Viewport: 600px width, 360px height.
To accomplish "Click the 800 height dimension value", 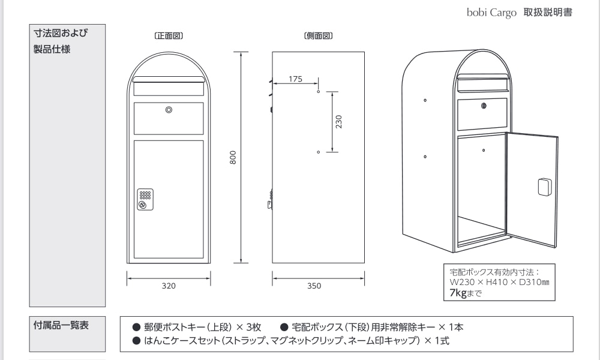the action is point(233,158).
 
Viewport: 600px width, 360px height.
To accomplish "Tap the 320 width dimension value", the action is point(169,286).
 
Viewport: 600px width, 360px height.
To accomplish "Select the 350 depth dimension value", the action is point(314,286).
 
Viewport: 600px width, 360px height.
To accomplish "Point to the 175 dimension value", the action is point(295,79).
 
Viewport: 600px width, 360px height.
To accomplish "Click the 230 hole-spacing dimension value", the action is point(338,122).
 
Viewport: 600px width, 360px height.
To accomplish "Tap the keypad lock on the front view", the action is point(145,199).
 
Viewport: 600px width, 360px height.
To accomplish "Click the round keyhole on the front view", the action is point(169,110).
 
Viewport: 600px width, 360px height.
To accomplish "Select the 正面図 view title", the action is point(169,36).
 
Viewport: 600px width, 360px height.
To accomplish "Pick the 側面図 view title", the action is point(319,36).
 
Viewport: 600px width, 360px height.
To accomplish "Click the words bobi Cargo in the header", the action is point(491,13).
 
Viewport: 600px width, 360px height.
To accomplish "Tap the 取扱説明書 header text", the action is point(548,12).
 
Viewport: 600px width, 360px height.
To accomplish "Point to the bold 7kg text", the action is point(458,293).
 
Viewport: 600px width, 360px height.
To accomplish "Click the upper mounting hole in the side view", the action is point(319,92).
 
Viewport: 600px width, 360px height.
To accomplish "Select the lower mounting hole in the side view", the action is point(319,152).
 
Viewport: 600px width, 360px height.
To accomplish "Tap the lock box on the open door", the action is point(545,187).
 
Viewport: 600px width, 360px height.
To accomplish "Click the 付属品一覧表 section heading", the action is point(61,325).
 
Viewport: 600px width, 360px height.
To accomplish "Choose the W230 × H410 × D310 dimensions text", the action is point(499,283).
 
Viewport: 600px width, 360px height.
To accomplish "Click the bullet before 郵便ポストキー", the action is point(137,327).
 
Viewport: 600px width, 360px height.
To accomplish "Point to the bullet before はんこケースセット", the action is point(137,340).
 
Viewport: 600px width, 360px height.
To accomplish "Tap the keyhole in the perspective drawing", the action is point(484,106).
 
